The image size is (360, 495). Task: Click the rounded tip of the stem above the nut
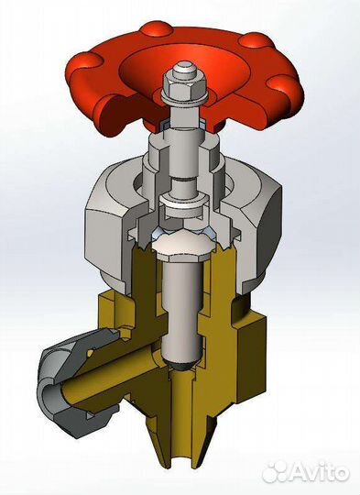[183, 69]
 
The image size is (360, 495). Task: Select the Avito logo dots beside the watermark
[276, 471]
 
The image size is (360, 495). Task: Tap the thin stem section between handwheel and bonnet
[183, 133]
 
